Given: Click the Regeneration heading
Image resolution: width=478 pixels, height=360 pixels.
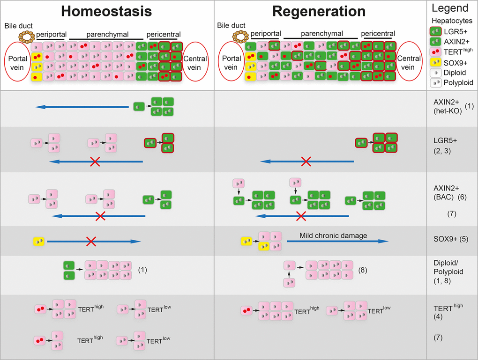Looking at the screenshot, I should pos(320,12).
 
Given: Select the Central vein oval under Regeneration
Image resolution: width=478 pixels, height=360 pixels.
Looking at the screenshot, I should pos(408,61).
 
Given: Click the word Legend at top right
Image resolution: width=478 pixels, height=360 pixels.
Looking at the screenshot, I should pos(450,8).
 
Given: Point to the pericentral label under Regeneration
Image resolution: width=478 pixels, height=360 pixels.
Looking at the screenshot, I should pos(378,34).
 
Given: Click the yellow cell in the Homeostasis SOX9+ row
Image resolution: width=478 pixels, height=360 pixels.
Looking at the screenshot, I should pos(38,242).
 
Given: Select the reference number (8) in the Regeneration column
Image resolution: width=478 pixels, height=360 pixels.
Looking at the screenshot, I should pos(363,270).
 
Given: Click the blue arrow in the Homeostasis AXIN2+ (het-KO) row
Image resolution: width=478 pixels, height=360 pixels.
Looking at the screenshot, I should pos(82,107).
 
